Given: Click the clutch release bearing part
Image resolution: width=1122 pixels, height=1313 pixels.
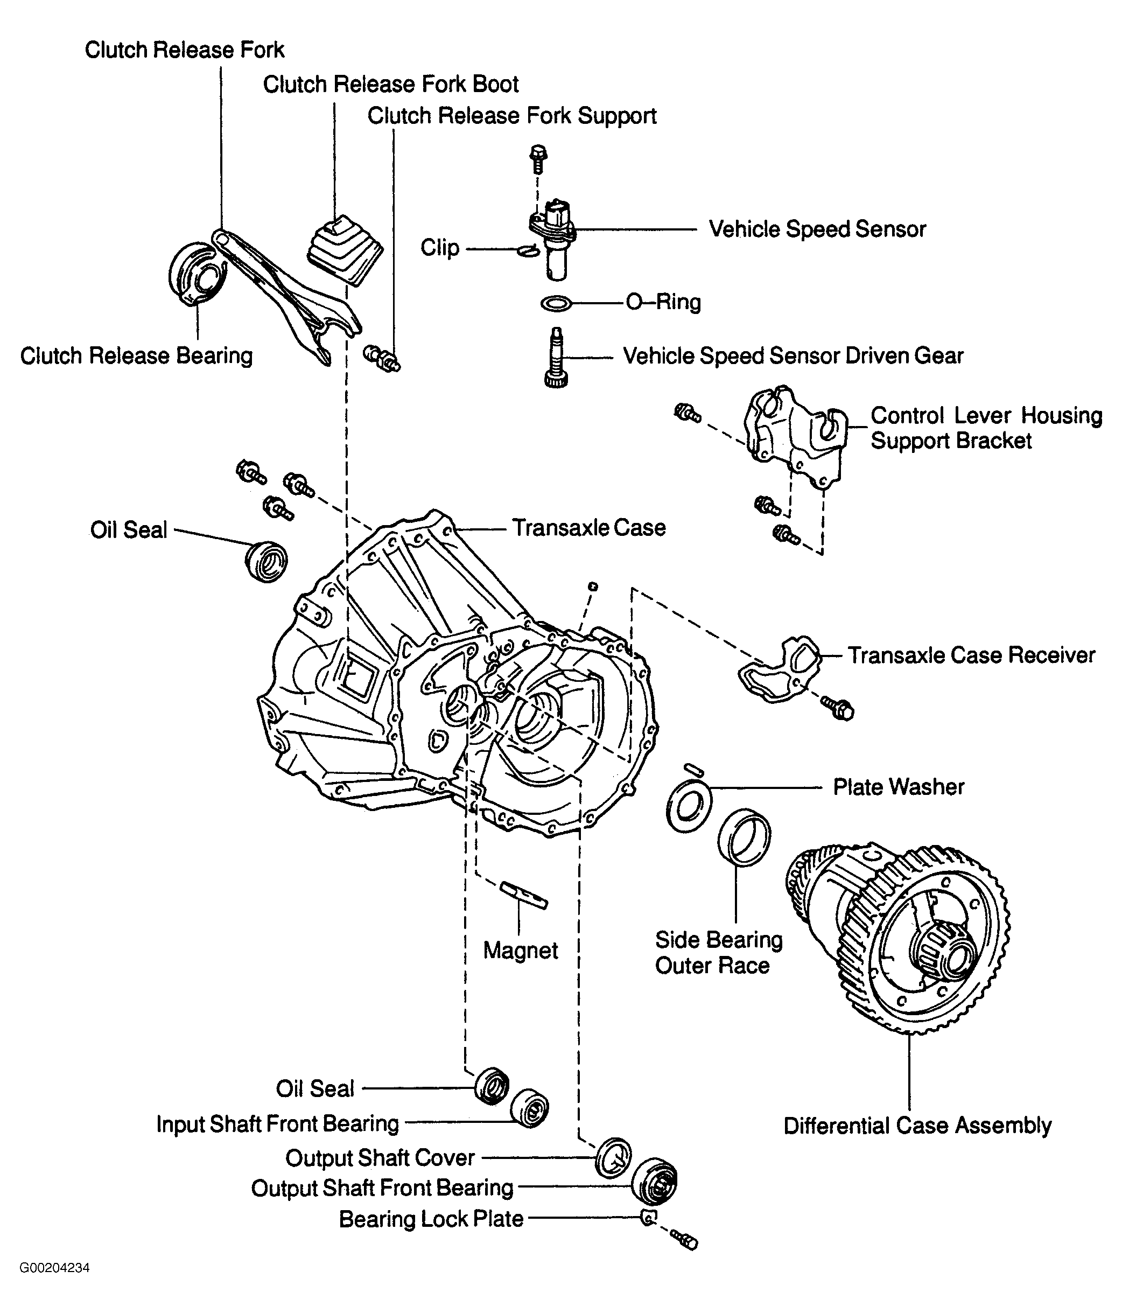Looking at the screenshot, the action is [x=197, y=274].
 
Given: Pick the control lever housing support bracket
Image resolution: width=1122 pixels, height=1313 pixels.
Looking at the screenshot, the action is [x=796, y=437].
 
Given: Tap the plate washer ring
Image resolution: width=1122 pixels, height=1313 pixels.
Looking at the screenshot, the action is [x=689, y=808].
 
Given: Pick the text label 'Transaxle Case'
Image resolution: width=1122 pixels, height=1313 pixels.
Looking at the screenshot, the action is [x=589, y=528].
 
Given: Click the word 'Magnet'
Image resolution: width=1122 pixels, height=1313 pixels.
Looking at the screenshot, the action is [x=520, y=951].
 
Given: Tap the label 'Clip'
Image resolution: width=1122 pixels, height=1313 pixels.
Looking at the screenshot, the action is [x=440, y=248].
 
